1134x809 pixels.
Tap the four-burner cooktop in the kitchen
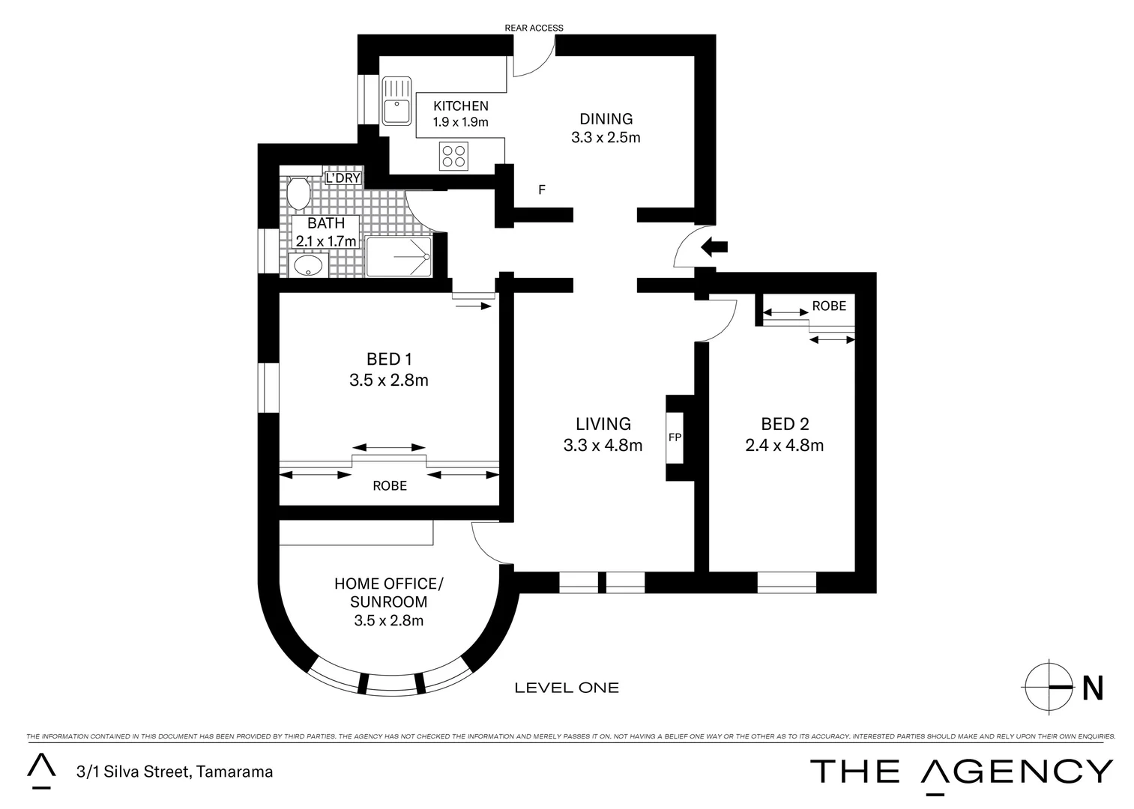click(x=453, y=156)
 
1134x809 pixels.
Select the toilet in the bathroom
click(x=298, y=193)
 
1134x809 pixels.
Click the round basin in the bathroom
click(x=307, y=264)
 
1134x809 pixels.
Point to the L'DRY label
click(x=343, y=178)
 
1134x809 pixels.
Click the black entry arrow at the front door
click(x=714, y=246)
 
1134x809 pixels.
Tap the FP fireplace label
click(x=675, y=437)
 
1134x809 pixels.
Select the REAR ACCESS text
click(x=534, y=28)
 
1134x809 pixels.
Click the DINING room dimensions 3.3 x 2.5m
click(x=606, y=138)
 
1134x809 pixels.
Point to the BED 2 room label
click(x=784, y=424)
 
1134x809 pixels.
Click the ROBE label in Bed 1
click(x=390, y=486)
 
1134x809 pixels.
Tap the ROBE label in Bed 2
click(x=828, y=306)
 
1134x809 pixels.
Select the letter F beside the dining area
click(x=541, y=190)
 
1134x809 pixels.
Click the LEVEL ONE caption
click(x=567, y=688)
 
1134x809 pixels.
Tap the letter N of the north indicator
click(x=1093, y=688)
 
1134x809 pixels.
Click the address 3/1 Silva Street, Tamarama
click(x=173, y=772)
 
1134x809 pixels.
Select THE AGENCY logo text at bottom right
click(x=962, y=772)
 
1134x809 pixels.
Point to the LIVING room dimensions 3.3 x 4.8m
click(x=603, y=446)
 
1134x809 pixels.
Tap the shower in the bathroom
click(x=399, y=257)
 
